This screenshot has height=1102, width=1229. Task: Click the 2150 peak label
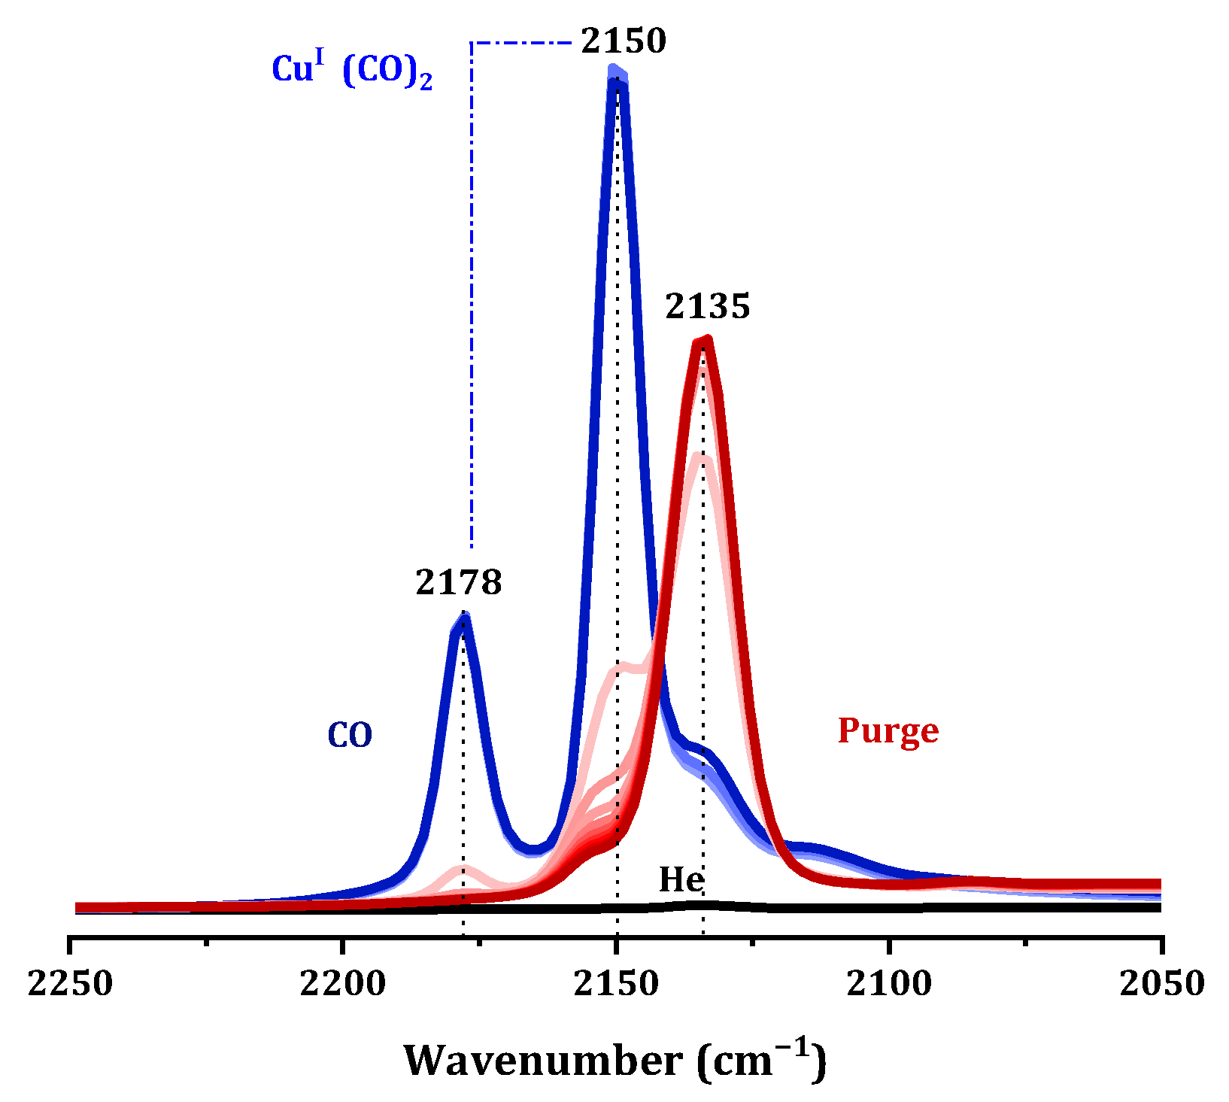(624, 41)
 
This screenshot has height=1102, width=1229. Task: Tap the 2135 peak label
(707, 307)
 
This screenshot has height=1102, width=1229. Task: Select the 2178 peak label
(458, 582)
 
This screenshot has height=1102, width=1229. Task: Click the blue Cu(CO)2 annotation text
(352, 71)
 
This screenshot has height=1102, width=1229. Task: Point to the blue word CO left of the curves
(350, 736)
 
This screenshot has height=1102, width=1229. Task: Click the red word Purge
(888, 730)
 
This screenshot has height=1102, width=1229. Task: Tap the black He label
(681, 879)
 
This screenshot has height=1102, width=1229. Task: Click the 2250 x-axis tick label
(70, 983)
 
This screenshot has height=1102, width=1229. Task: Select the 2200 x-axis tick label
(343, 983)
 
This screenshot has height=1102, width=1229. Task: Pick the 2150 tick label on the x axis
(617, 983)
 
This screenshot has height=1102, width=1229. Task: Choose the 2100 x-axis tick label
(890, 983)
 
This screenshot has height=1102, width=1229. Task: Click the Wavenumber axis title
(614, 1060)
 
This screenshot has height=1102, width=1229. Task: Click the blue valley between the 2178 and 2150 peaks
(533, 849)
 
